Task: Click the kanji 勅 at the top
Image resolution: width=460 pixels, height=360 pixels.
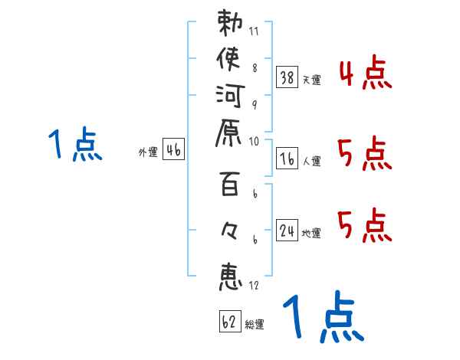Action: click(x=229, y=25)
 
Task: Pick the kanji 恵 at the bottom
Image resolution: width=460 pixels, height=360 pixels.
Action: click(x=229, y=277)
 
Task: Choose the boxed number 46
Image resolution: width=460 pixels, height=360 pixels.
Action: click(x=173, y=150)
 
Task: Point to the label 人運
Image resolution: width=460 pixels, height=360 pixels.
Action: click(x=312, y=162)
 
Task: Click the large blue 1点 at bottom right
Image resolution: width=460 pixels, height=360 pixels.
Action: click(x=323, y=319)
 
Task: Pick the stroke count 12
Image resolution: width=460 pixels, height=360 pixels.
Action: click(x=255, y=286)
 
